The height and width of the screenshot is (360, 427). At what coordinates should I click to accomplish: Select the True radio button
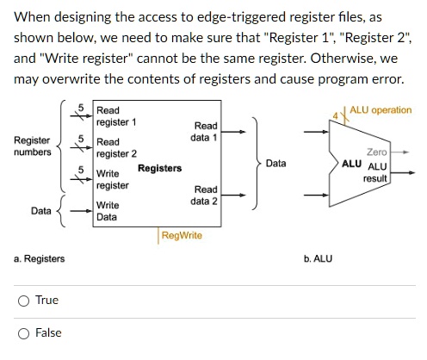pyautogui.click(x=26, y=301)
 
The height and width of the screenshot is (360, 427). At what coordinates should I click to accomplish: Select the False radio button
pyautogui.click(x=26, y=333)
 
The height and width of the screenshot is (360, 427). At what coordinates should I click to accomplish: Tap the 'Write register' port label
pyautogui.click(x=113, y=180)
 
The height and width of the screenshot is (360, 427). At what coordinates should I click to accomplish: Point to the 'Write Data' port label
pyautogui.click(x=108, y=211)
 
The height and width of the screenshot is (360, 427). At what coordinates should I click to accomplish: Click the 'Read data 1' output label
pyautogui.click(x=205, y=132)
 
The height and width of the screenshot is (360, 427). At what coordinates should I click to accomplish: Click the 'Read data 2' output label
pyautogui.click(x=205, y=195)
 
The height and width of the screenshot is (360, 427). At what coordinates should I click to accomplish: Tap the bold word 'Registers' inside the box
pyautogui.click(x=159, y=168)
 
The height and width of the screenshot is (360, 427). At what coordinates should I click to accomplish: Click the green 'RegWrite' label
pyautogui.click(x=181, y=234)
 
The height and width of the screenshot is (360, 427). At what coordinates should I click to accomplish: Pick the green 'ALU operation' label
pyautogui.click(x=381, y=110)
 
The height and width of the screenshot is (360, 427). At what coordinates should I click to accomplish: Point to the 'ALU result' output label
pyautogui.click(x=376, y=172)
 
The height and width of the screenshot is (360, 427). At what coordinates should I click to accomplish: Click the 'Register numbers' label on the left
pyautogui.click(x=33, y=146)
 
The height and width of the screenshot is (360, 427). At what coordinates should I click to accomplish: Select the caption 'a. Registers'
pyautogui.click(x=39, y=258)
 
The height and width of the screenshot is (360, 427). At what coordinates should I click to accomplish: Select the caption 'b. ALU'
pyautogui.click(x=318, y=258)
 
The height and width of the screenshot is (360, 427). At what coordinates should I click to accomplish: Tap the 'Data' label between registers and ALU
pyautogui.click(x=275, y=163)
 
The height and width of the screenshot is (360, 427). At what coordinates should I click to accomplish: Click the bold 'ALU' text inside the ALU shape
pyautogui.click(x=351, y=163)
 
